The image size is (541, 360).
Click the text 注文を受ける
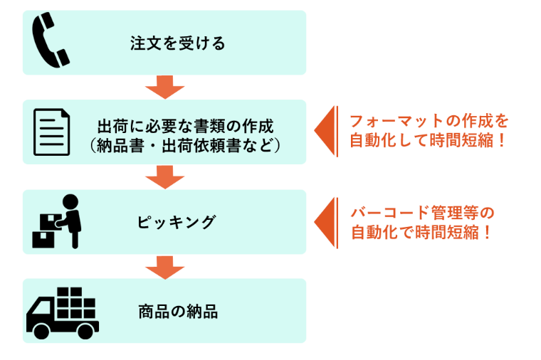pyautogui.click(x=178, y=43)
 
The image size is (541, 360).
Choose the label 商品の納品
pyautogui.click(x=177, y=312)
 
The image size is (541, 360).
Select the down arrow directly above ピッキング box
pyautogui.click(x=164, y=176)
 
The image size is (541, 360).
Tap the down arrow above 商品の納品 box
pyautogui.click(x=164, y=266)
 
